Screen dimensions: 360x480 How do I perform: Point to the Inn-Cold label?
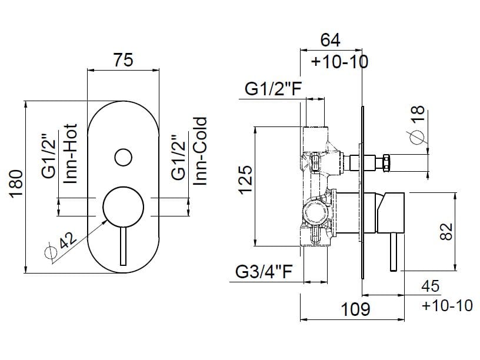coord(201,152)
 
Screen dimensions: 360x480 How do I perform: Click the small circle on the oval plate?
coord(123,157)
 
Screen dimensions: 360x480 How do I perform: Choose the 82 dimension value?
coord(448,231)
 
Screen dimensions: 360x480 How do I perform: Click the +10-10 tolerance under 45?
coord(447,305)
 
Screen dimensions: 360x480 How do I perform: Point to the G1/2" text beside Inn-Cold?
coord(178,158)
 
